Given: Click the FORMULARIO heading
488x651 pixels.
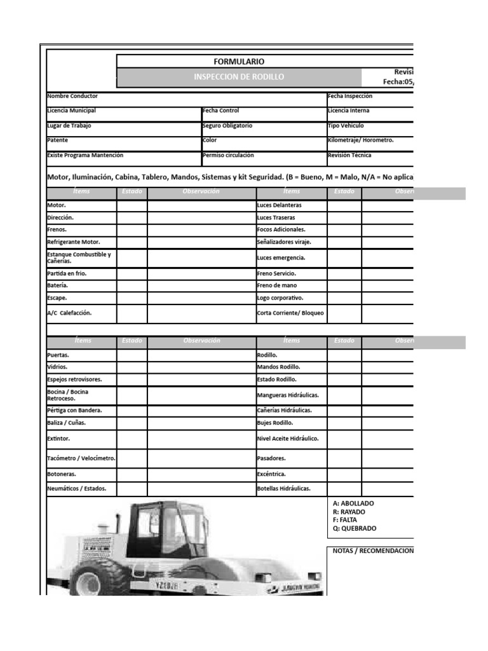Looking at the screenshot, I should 239,62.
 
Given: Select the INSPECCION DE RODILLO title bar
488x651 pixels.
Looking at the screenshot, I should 239,77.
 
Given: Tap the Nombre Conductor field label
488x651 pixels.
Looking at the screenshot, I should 72,96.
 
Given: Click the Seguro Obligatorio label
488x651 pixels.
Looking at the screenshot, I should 227,126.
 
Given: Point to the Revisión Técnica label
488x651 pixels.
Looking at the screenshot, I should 349,155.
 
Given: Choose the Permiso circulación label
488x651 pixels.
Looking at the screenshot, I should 228,155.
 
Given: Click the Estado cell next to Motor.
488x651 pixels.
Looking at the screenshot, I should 132,205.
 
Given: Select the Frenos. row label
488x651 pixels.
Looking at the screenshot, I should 57,230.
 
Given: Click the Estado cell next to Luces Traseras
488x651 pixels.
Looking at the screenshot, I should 344,217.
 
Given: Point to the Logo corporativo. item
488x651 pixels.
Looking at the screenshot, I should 280,298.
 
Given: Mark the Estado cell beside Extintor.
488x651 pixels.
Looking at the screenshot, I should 132,439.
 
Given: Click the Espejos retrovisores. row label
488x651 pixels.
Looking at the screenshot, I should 74,380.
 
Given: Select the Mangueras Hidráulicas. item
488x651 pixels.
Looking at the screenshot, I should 288,395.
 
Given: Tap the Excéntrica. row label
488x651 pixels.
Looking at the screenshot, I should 271,474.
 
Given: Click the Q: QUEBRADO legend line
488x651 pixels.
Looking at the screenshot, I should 355,528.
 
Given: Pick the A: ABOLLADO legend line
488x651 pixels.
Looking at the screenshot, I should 353,504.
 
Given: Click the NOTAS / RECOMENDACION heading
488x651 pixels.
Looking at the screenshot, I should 373,551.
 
